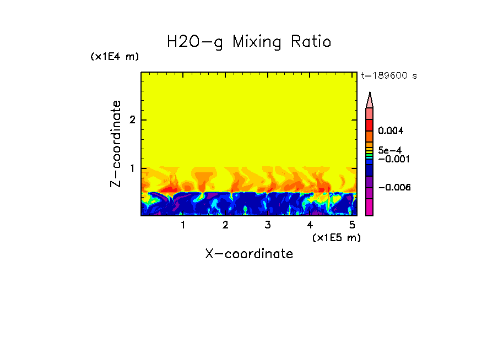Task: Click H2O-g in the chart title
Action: pos(196,42)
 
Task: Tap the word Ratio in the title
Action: pos(312,42)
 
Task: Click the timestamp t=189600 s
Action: pos(388,75)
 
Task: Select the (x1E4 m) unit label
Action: pos(115,57)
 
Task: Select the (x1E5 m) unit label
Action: pos(336,237)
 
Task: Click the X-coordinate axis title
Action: pos(249,254)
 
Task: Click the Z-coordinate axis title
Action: pos(116,144)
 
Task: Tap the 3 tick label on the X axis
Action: pos(267,225)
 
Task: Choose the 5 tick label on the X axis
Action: pos(352,225)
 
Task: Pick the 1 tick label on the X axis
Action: pos(183,225)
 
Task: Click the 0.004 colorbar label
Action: pos(391,131)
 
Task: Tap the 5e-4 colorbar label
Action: pos(389,150)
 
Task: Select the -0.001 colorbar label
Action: pos(393,159)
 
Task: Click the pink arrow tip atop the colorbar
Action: pos(370,100)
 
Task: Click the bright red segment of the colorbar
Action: pos(370,124)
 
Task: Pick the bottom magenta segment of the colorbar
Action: pos(370,207)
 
